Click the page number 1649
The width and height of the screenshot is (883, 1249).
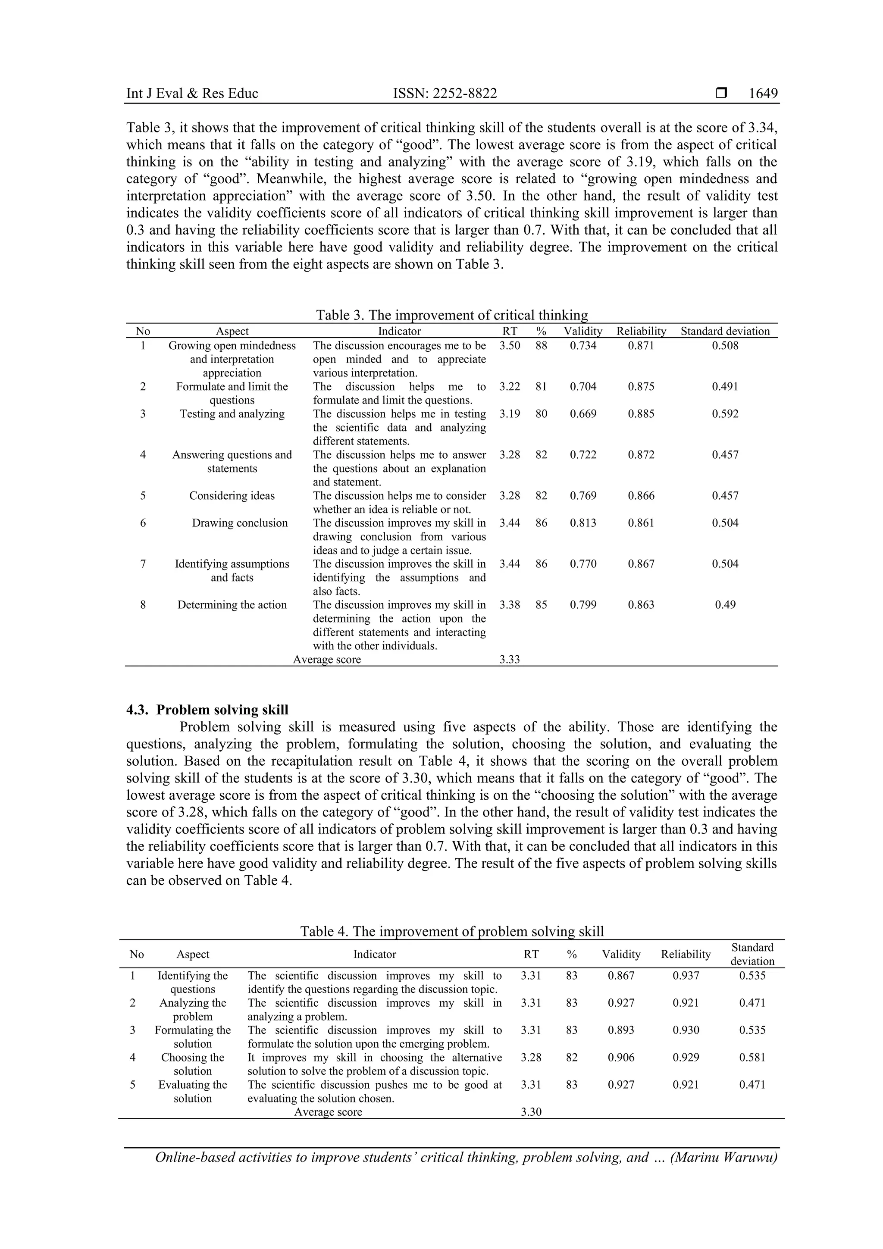coord(763,94)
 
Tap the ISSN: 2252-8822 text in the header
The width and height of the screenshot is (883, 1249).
coord(445,94)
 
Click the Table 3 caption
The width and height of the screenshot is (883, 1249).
coord(451,315)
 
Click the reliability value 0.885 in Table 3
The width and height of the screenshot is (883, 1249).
coord(641,413)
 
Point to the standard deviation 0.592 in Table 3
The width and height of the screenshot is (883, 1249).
coord(725,413)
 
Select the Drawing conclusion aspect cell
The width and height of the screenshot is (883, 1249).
coord(239,523)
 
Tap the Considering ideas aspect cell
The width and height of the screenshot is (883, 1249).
coord(232,495)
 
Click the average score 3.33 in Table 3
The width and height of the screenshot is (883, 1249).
coord(509,659)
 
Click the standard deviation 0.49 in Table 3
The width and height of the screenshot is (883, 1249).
coord(725,604)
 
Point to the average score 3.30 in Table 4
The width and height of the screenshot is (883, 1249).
coord(531,1112)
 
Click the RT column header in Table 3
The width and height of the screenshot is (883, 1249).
coord(509,331)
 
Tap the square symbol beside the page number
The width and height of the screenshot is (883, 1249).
coord(721,94)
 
